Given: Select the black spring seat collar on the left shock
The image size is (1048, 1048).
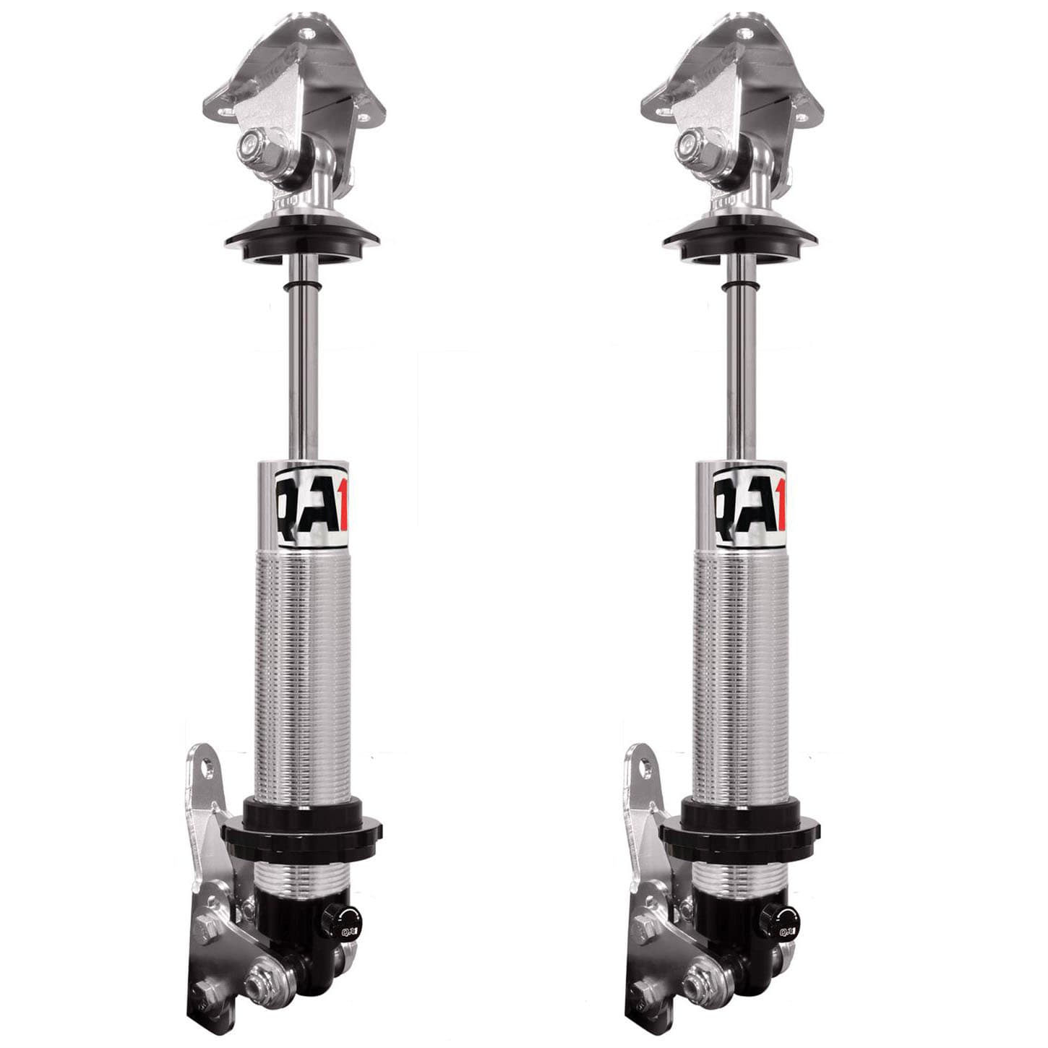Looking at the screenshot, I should pyautogui.click(x=313, y=830).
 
